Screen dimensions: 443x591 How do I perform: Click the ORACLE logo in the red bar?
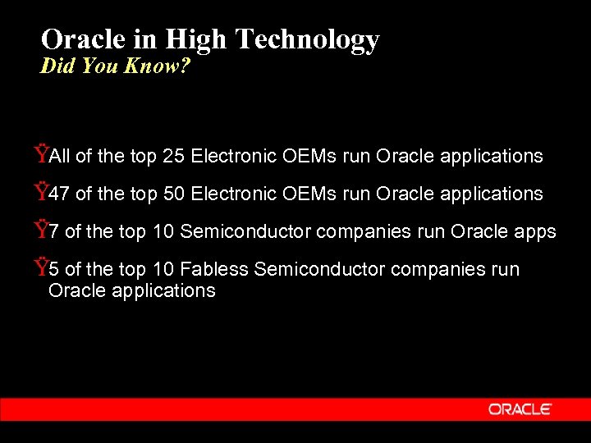pyautogui.click(x=520, y=409)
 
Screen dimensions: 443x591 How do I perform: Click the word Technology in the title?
pyautogui.click(x=307, y=39)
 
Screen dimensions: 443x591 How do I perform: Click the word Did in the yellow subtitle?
pyautogui.click(x=57, y=66)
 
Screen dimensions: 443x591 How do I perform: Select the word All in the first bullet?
pyautogui.click(x=59, y=156)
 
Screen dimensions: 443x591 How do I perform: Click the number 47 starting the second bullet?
pyautogui.click(x=59, y=194)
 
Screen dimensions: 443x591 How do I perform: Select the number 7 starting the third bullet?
pyautogui.click(x=53, y=232)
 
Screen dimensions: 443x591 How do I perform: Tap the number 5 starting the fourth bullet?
pyautogui.click(x=53, y=269)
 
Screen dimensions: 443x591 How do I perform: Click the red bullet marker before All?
pyautogui.click(x=40, y=154)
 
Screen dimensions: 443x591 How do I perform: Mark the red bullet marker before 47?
pyautogui.click(x=40, y=192)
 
